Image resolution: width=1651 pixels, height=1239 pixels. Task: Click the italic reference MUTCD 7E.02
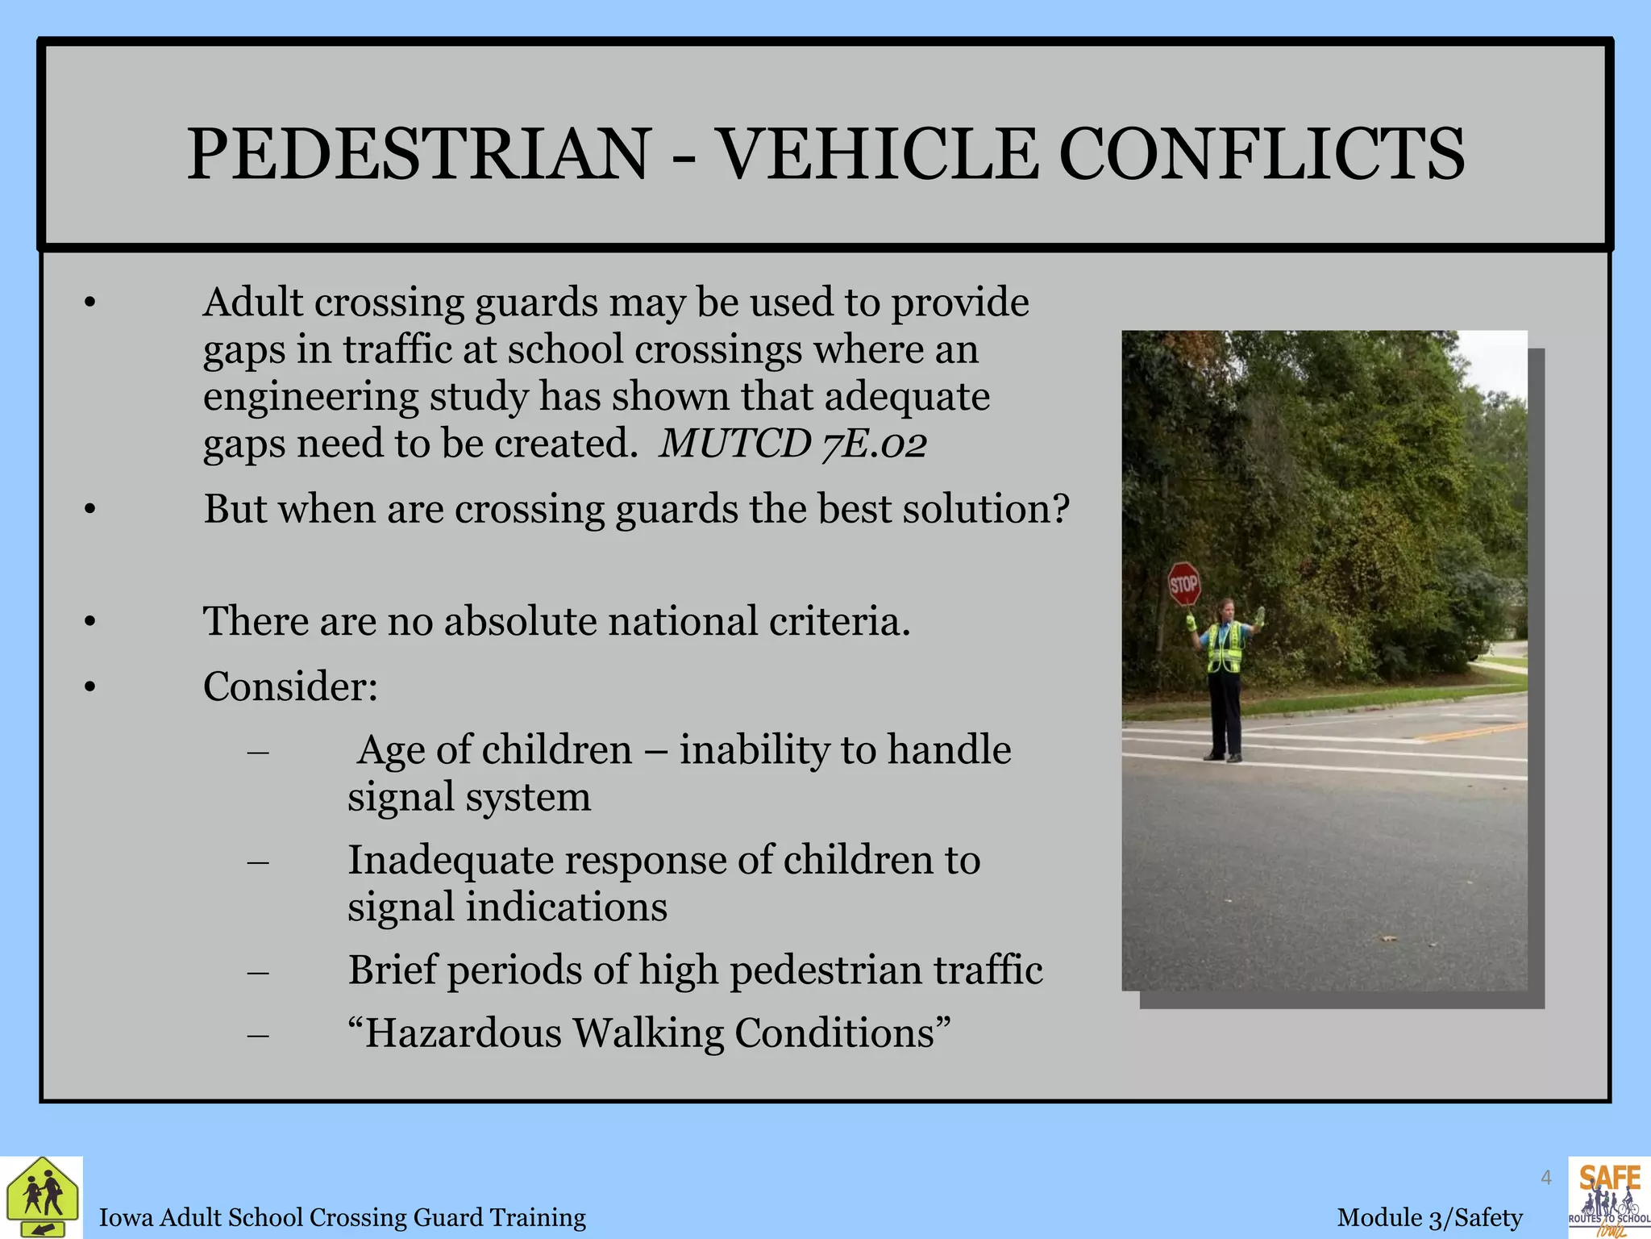click(792, 444)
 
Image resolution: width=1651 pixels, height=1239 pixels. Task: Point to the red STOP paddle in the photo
click(1183, 583)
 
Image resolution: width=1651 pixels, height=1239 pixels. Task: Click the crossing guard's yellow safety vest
click(1225, 648)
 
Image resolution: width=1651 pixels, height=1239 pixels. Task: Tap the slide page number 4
click(1545, 1178)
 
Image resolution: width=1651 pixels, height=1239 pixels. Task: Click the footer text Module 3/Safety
click(1429, 1217)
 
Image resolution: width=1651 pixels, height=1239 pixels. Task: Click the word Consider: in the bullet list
click(290, 686)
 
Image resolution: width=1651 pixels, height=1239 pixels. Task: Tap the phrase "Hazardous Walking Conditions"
click(649, 1033)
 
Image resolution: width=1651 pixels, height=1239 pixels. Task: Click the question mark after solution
click(1060, 509)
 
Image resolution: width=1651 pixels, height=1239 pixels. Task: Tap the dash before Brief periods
click(258, 971)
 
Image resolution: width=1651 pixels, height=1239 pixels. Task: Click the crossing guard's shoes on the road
click(1223, 757)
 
